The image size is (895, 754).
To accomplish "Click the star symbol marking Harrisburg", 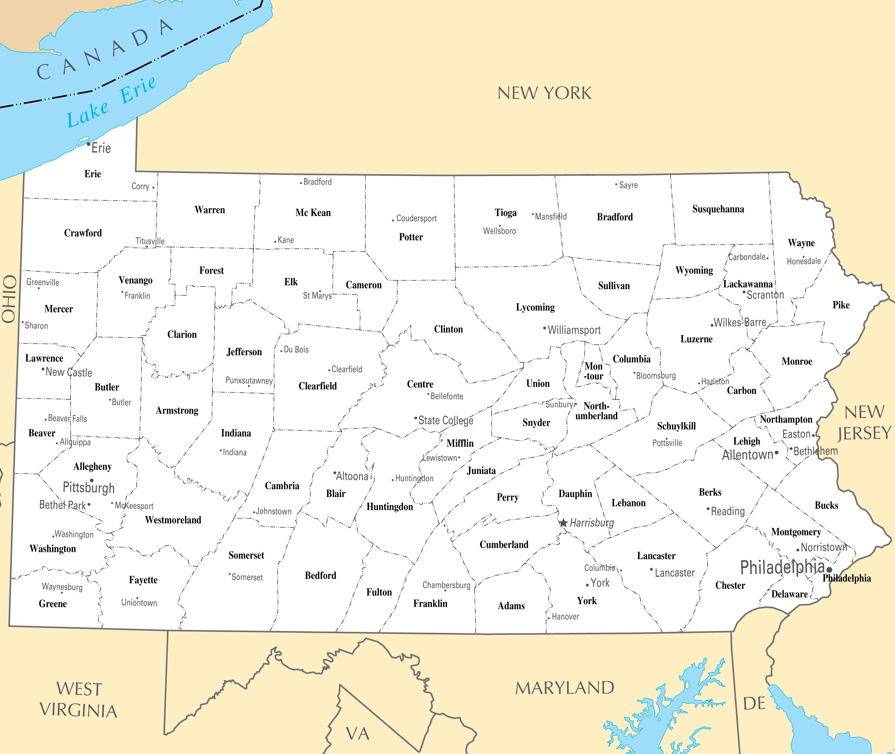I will (x=564, y=523).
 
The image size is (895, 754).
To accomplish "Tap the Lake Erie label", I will (x=111, y=102).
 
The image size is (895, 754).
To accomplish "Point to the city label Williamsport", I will (x=574, y=330).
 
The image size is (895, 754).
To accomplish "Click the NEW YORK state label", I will (x=544, y=93).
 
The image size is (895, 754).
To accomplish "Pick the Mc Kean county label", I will (x=313, y=213).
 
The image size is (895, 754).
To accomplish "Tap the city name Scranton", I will (x=765, y=295).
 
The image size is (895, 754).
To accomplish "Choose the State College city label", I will (x=446, y=420).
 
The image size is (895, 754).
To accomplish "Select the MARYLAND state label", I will (x=564, y=688).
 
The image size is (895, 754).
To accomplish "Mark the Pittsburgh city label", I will (x=88, y=488).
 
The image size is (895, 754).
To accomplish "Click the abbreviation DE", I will (x=754, y=703).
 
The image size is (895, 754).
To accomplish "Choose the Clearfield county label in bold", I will (x=317, y=386).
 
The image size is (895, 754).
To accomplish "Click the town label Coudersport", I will (x=416, y=219).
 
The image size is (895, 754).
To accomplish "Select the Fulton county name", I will (x=379, y=592).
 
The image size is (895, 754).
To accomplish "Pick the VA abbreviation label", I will (x=358, y=734).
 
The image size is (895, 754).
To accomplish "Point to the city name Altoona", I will (x=352, y=476).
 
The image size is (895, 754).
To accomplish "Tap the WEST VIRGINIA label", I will (x=79, y=700).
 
